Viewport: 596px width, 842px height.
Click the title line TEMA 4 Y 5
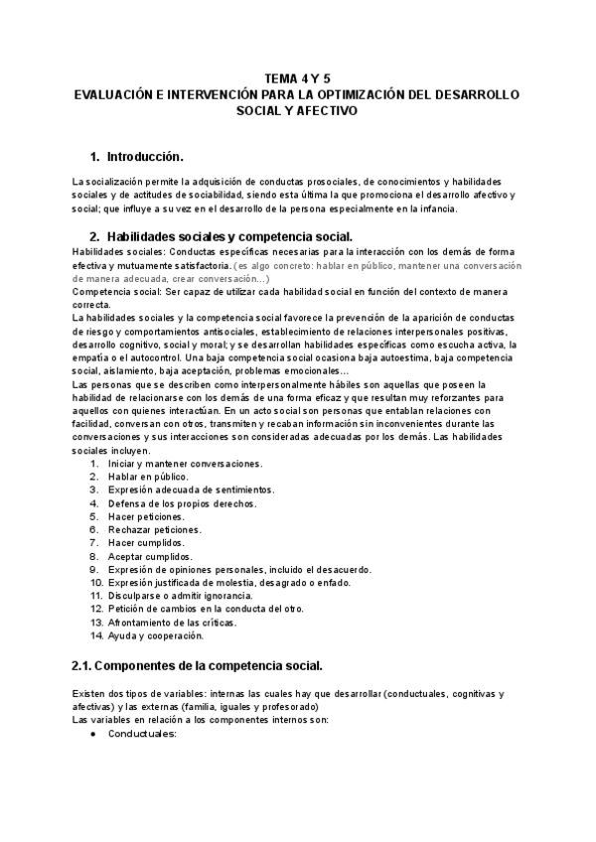tap(297, 77)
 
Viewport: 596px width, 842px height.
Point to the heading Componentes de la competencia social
tap(198, 663)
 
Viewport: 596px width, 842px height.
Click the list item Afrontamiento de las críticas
tap(173, 622)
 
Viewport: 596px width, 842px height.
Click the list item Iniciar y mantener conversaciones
tap(185, 464)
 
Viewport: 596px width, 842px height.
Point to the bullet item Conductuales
tap(142, 734)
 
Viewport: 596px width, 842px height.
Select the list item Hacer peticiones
tap(146, 516)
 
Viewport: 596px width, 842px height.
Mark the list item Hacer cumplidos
tap(146, 543)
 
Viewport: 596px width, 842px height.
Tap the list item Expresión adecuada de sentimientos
tap(191, 490)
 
